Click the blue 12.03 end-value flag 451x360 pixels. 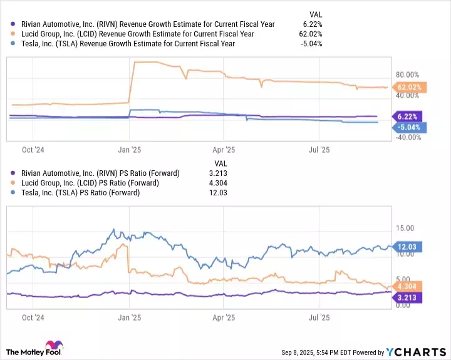[407, 247]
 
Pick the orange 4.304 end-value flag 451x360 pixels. [407, 286]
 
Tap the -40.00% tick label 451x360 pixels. [405, 137]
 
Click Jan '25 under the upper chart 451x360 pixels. [128, 150]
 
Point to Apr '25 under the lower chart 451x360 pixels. [224, 317]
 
